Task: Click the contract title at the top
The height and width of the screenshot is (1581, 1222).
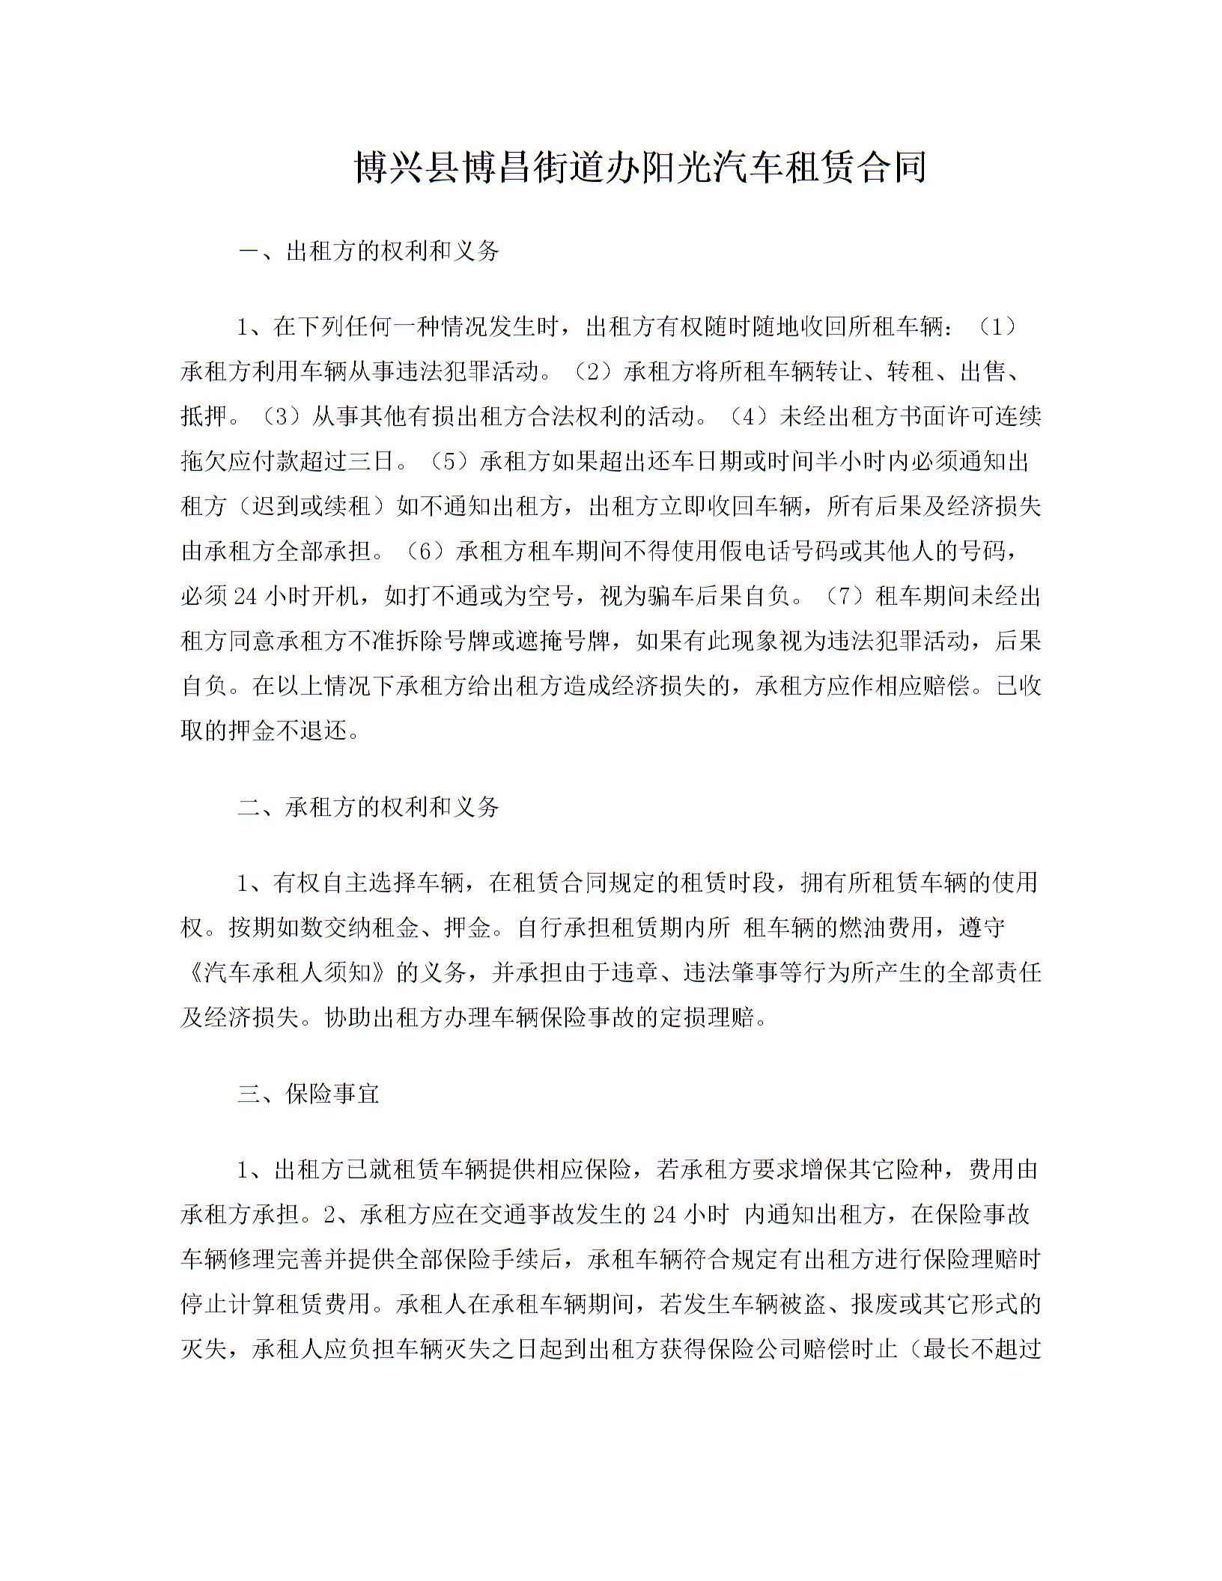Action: [x=639, y=167]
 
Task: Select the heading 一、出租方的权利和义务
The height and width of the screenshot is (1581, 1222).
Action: [x=368, y=251]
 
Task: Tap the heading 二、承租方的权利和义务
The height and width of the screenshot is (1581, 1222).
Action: [x=368, y=806]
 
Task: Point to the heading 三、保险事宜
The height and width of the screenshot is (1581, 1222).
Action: [x=308, y=1094]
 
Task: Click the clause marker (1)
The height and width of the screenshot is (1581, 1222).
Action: [x=998, y=326]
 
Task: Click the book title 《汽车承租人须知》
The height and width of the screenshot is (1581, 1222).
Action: [x=285, y=972]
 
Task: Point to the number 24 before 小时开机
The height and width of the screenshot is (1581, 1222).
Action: [x=246, y=597]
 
